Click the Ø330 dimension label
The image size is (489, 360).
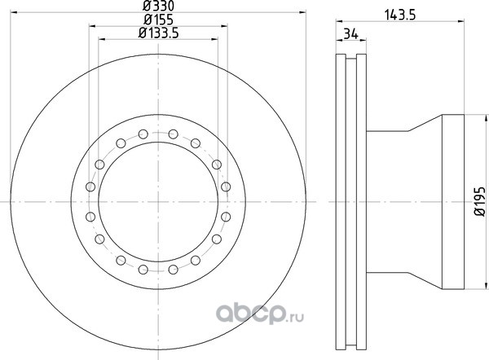[158, 6]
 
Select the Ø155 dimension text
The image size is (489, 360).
[158, 20]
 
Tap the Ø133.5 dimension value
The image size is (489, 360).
[158, 33]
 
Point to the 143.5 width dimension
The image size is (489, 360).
[400, 15]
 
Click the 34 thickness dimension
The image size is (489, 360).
[350, 33]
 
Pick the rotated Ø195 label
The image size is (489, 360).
[480, 201]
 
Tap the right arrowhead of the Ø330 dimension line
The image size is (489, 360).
[303, 12]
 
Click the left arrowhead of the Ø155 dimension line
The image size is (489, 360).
[93, 26]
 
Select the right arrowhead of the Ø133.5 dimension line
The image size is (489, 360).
[214, 39]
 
